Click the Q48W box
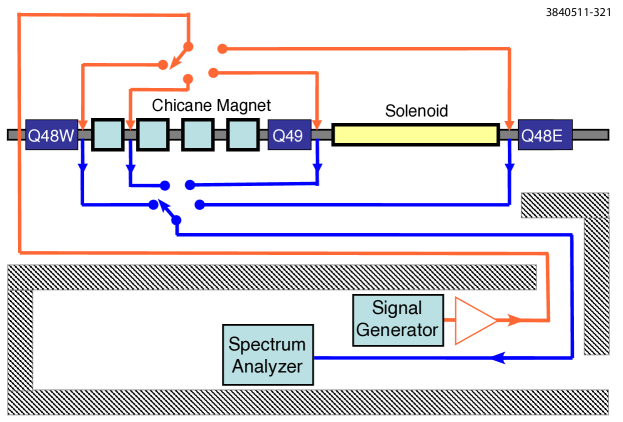pyautogui.click(x=51, y=134)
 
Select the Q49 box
pyautogui.click(x=289, y=134)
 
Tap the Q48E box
pyautogui.click(x=545, y=134)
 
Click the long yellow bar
pyautogui.click(x=415, y=134)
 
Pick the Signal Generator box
pyautogui.click(x=397, y=319)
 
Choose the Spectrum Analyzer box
pyautogui.click(x=267, y=355)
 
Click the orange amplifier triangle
pyautogui.click(x=474, y=320)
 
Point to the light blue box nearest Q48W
pyautogui.click(x=107, y=134)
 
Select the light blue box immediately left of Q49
pyautogui.click(x=243, y=134)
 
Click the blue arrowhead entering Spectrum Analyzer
pyautogui.click(x=503, y=356)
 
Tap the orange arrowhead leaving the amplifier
pyautogui.click(x=513, y=320)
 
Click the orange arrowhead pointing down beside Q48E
pyautogui.click(x=511, y=122)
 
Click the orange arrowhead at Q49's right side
pyautogui.click(x=317, y=122)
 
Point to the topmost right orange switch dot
pyautogui.click(x=222, y=48)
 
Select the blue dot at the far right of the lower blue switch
pyautogui.click(x=199, y=204)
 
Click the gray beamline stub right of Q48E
pyautogui.click(x=589, y=134)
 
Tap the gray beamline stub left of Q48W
pyautogui.click(x=16, y=134)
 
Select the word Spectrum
pyautogui.click(x=267, y=345)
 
